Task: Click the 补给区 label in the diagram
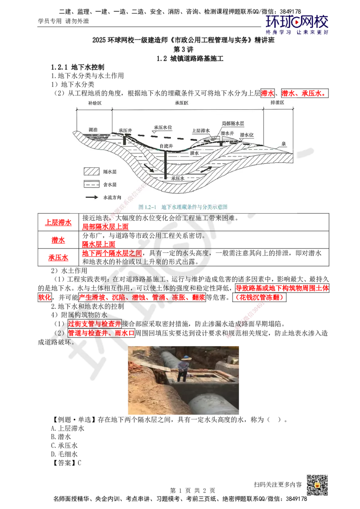click(x=94, y=103)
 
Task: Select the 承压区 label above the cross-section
click(x=181, y=103)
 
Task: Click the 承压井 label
click(x=125, y=130)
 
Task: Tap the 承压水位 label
click(x=163, y=127)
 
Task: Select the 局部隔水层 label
click(x=233, y=123)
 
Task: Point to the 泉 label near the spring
click(x=284, y=144)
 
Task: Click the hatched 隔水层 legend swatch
click(x=90, y=172)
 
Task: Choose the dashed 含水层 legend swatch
click(x=90, y=184)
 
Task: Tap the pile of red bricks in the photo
click(x=137, y=367)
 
